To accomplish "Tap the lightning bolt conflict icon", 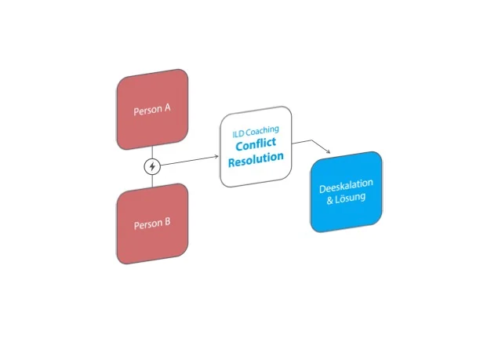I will tap(153, 166).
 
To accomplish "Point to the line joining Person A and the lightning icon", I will tap(152, 152).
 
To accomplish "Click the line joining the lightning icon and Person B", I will tap(153, 180).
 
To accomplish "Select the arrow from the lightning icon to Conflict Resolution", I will tap(188, 162).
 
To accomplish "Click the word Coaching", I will tap(262, 130).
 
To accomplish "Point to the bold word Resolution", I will tap(256, 161).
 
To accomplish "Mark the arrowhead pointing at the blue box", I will tap(339, 153).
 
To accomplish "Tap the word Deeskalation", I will tap(346, 188).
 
